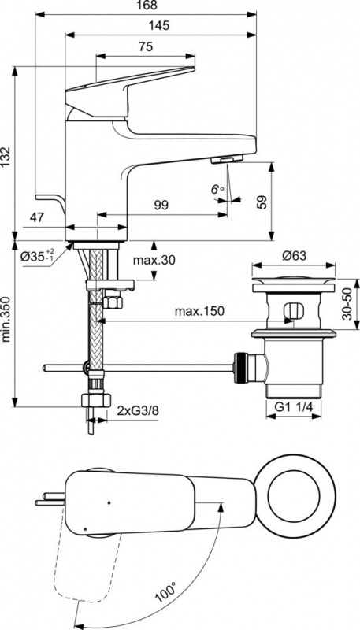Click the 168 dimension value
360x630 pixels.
pyautogui.click(x=147, y=6)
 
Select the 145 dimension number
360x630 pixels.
pyautogui.click(x=158, y=26)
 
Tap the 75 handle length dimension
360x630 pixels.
pyautogui.click(x=146, y=47)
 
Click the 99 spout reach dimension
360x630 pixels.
pyautogui.click(x=161, y=205)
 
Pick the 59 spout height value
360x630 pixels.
pyautogui.click(x=262, y=202)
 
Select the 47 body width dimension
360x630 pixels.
pyautogui.click(x=37, y=217)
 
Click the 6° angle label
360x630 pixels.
pyautogui.click(x=217, y=189)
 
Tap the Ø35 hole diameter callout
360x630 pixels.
pyautogui.click(x=37, y=255)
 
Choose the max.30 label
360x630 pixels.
pyautogui.click(x=154, y=260)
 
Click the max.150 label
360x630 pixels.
pyautogui.click(x=199, y=311)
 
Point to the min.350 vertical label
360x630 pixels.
pyautogui.click(x=6, y=320)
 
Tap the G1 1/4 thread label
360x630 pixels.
pyautogui.click(x=293, y=406)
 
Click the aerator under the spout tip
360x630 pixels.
pyautogui.click(x=227, y=160)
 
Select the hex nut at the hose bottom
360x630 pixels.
pyautogui.click(x=96, y=400)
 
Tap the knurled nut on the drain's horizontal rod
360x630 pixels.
pyautogui.click(x=241, y=368)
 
